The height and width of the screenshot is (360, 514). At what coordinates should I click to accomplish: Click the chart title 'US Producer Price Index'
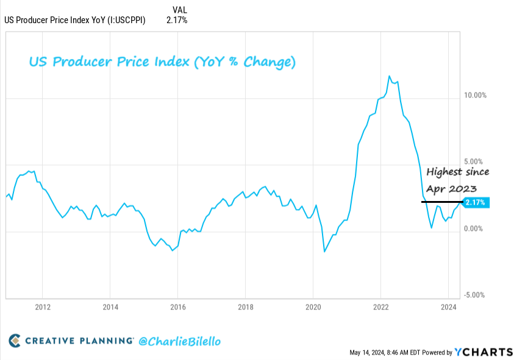[x=163, y=62]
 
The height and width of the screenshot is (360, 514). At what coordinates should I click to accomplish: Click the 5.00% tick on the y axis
[x=476, y=162]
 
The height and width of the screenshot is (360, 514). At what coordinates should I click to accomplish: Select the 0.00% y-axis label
[x=476, y=228]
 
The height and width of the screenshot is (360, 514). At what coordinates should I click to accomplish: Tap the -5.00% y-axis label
[x=474, y=295]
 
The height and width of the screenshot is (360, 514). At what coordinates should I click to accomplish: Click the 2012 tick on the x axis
[x=42, y=307]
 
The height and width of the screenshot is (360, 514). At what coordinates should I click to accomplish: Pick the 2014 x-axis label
[x=110, y=307]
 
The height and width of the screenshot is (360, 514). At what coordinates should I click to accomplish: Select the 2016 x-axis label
[x=177, y=307]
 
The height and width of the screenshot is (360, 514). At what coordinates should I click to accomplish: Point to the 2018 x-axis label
[x=245, y=307]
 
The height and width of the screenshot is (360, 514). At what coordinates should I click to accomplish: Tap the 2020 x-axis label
[x=313, y=307]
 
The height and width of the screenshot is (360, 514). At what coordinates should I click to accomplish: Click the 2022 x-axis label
[x=380, y=307]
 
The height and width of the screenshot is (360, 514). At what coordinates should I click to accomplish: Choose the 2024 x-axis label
[x=448, y=307]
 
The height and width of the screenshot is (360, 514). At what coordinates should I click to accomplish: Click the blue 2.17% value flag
[x=475, y=202]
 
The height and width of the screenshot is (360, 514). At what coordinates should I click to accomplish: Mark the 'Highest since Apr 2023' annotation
[x=457, y=180]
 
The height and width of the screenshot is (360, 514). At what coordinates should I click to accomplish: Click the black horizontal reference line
[x=442, y=202]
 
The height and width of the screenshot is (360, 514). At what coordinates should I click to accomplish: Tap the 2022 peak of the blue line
[x=390, y=76]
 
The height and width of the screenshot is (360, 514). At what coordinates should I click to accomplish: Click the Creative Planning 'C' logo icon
[x=15, y=341]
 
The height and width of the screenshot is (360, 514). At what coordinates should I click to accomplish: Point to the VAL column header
[x=180, y=10]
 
